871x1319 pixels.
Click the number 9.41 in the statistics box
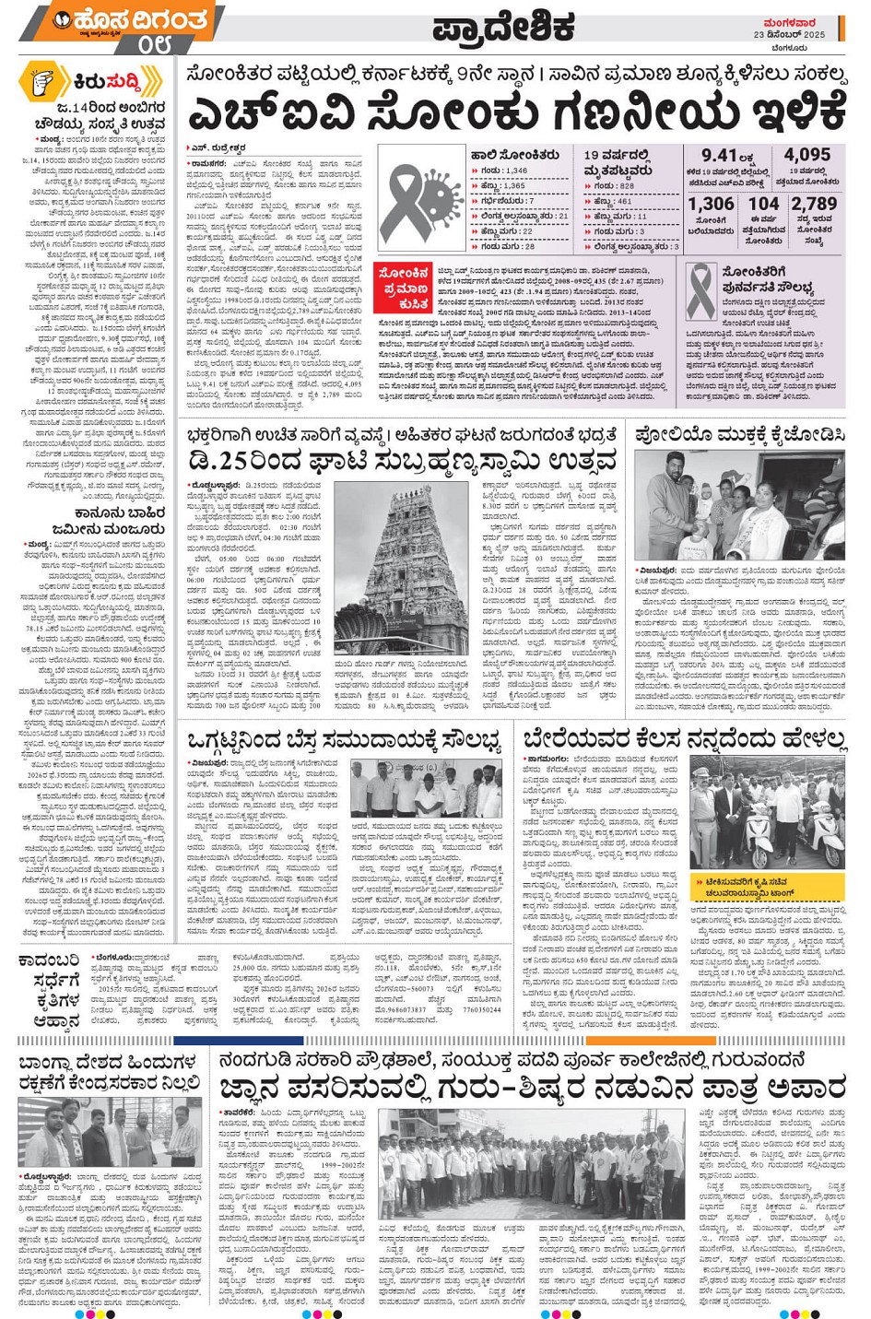[x=720, y=156]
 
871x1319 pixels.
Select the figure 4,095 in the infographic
[x=807, y=155]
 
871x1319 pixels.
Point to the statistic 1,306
[x=711, y=205]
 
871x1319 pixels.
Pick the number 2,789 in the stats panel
[x=814, y=205]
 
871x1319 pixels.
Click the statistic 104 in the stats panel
[x=763, y=205]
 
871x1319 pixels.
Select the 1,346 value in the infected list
[x=515, y=171]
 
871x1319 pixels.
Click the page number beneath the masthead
[x=154, y=44]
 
